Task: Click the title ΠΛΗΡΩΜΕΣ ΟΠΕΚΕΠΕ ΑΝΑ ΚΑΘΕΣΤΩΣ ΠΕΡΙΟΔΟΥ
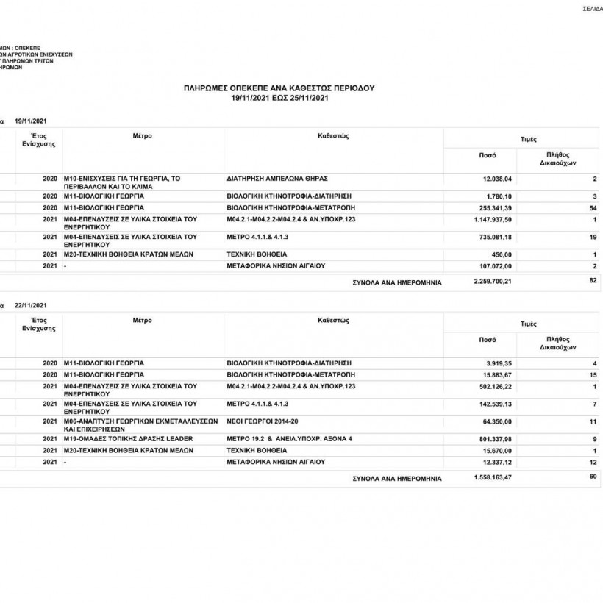point(279,88)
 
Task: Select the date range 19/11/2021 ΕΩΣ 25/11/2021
point(279,97)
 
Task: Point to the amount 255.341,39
point(496,208)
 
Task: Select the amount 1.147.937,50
point(493,220)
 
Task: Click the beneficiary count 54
point(593,208)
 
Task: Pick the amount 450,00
point(501,254)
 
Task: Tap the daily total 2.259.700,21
point(493,281)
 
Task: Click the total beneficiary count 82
point(593,280)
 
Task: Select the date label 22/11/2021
point(32,305)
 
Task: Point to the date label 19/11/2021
point(32,121)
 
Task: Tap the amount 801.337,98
point(496,439)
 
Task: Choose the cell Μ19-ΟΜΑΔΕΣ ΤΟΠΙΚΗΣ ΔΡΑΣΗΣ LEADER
point(128,439)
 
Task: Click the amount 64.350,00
point(497,422)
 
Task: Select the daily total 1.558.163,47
point(493,477)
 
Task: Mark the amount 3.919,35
point(499,363)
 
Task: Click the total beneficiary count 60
point(593,477)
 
